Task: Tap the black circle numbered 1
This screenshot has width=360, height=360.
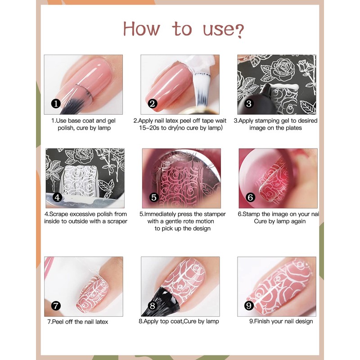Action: coord(56,103)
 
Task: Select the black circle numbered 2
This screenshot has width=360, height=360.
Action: coord(153,103)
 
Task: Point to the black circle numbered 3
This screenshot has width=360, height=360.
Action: coord(249,103)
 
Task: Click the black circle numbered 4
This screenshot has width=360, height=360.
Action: coord(58,197)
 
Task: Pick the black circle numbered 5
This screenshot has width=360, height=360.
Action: coord(154,197)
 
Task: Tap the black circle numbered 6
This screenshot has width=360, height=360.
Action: coord(251,197)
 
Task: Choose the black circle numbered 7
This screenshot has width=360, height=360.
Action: coord(56,306)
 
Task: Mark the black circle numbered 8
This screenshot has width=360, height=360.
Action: coord(153,306)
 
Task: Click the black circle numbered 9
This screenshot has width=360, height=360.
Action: coord(249,306)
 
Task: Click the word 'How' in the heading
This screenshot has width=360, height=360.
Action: coord(141,29)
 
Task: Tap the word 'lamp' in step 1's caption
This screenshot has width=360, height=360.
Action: coord(104,128)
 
